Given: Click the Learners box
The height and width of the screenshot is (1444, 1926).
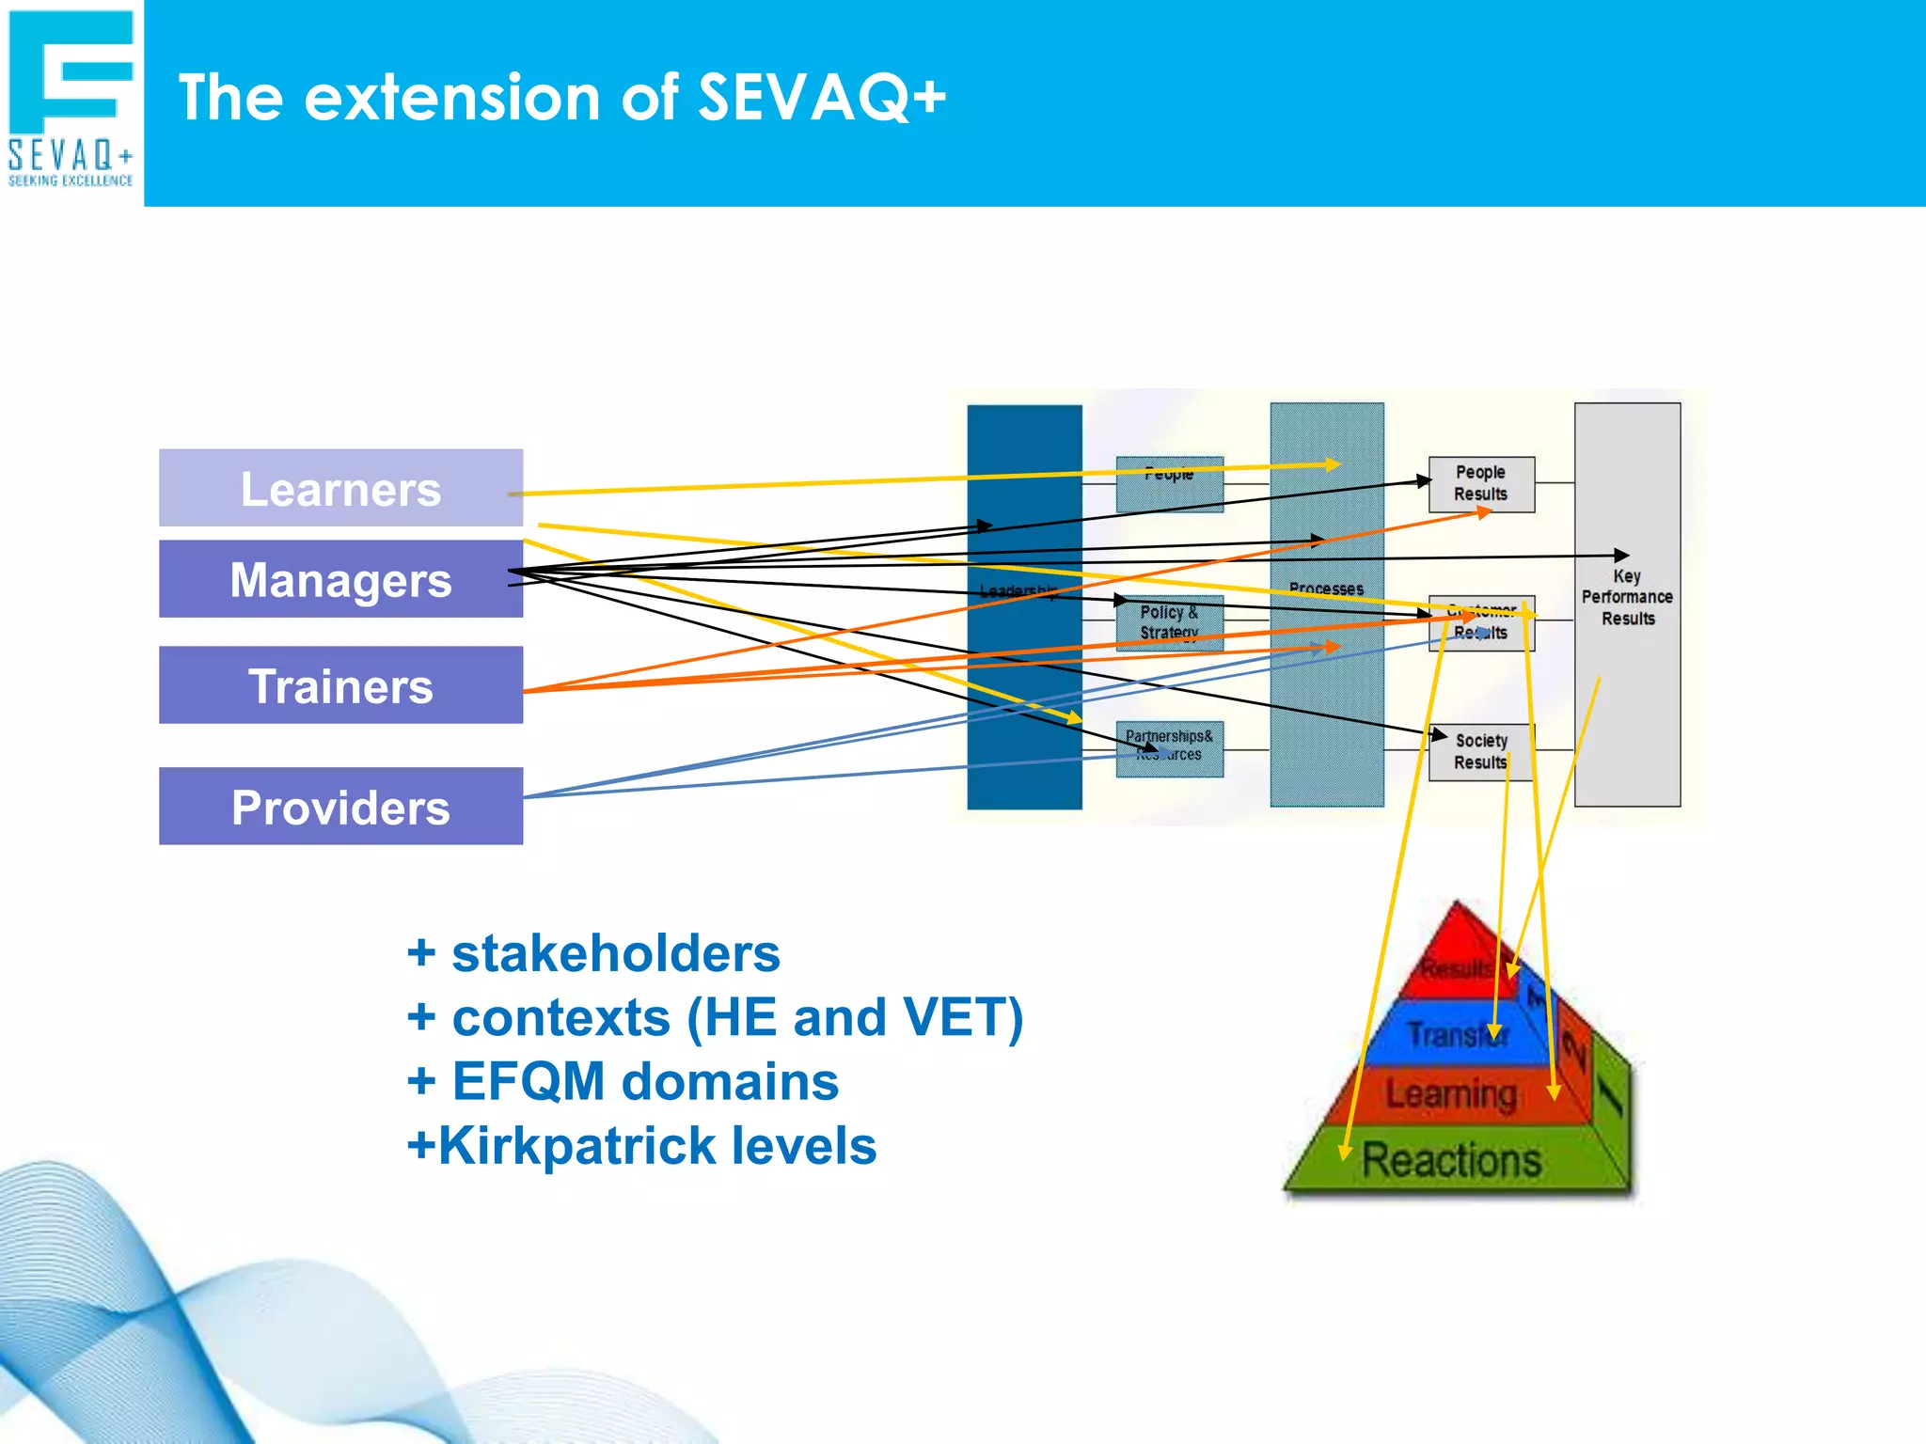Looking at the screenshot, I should point(340,488).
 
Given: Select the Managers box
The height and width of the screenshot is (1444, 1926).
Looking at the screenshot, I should point(340,579).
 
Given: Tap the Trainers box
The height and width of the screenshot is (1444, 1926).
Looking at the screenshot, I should point(340,685).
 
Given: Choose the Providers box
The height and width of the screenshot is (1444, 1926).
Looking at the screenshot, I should point(340,807).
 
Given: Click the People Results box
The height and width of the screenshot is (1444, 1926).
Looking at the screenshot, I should point(1481,483).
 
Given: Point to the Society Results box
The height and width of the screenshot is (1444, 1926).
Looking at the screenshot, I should point(1481,752).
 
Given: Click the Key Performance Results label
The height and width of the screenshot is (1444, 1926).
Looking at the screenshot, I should point(1627,598).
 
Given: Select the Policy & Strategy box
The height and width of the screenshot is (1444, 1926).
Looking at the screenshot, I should point(1169,622).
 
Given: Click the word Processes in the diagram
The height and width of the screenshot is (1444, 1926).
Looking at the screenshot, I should point(1326,589).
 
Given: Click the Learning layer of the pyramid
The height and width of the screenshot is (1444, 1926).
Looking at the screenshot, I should point(1451,1095).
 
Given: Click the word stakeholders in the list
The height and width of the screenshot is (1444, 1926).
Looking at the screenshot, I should point(615,953).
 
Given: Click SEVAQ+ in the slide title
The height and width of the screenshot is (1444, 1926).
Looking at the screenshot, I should point(821,98).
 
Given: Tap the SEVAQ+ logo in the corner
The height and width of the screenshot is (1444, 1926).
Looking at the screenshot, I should point(71,99).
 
